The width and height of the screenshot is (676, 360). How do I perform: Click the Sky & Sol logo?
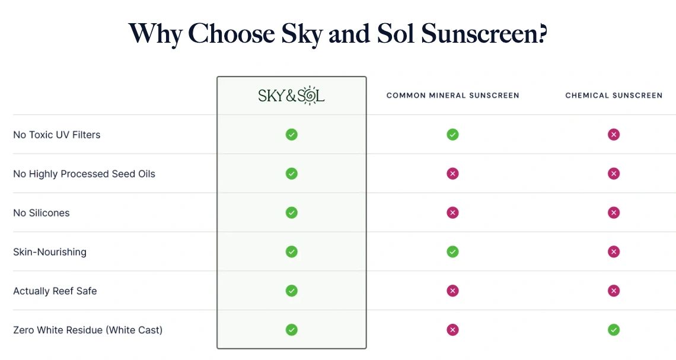tap(291, 95)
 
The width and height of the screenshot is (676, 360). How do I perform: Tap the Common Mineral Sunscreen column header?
tap(452, 95)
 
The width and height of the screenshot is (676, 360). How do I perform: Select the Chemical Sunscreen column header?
tap(614, 95)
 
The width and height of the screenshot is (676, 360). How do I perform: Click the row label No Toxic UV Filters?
tap(57, 135)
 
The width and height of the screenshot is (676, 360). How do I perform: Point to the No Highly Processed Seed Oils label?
tap(84, 174)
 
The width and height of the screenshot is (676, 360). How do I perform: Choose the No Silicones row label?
tap(42, 213)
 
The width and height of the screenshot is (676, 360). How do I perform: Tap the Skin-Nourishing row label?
tap(50, 252)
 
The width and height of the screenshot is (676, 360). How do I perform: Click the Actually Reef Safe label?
tap(55, 291)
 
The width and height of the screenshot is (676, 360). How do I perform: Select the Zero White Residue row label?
tap(88, 330)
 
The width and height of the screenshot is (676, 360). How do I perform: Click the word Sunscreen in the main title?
tap(484, 33)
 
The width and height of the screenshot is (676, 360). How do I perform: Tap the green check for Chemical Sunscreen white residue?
tap(614, 330)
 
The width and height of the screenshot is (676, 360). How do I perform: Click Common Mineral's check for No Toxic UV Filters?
tap(452, 135)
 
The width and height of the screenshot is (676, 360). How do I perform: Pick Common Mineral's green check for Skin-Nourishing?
tap(452, 252)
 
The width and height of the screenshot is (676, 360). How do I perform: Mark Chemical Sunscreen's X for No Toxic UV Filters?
tap(614, 135)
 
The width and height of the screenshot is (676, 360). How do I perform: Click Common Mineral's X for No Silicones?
tap(452, 212)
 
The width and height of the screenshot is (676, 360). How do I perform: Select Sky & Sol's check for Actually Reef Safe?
tap(291, 291)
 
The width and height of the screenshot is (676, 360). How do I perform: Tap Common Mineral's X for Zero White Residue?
tap(452, 330)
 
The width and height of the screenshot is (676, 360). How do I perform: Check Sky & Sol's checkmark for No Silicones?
tap(291, 212)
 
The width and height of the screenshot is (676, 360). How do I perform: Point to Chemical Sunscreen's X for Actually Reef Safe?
tap(614, 291)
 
